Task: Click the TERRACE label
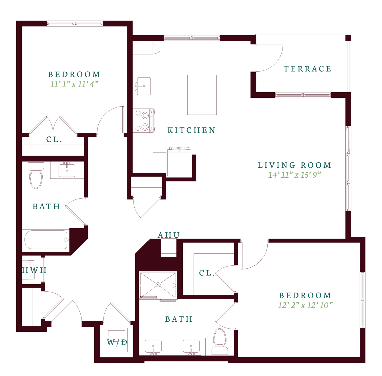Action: coord(307,69)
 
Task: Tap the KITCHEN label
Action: coord(191,130)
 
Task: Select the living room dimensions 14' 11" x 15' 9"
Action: coord(295,175)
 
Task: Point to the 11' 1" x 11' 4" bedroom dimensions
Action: coord(74,84)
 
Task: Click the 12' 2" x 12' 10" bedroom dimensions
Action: coord(305,305)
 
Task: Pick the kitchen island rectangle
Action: coord(202,95)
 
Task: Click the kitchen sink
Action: coord(144,86)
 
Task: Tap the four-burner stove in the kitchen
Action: coord(144,121)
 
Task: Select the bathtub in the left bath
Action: coord(46,240)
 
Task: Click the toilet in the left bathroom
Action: coord(36,175)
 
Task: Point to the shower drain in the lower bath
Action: coord(158,285)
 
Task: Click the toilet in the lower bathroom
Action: coord(220,341)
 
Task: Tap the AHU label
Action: coord(169,235)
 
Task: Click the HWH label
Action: coord(34,270)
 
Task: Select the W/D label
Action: coord(117,342)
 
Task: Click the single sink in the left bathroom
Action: coord(67,170)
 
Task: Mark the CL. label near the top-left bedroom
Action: coord(54,139)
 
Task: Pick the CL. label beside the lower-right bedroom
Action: coord(207,273)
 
